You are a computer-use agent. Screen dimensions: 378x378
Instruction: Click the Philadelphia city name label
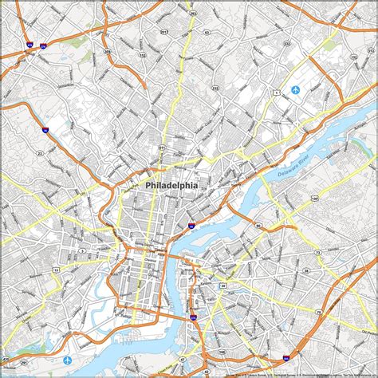pyautogui.click(x=171, y=185)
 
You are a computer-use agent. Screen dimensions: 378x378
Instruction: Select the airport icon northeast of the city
pyautogui.click(x=295, y=89)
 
